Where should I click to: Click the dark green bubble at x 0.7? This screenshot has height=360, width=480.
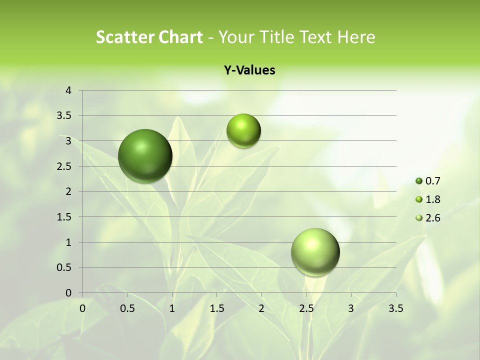tap(145, 156)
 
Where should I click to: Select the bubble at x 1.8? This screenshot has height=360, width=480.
tap(243, 131)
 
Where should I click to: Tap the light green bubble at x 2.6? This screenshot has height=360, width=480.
tap(315, 252)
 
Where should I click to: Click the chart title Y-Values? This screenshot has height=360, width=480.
tap(249, 70)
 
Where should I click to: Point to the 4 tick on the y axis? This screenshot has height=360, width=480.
tap(69, 90)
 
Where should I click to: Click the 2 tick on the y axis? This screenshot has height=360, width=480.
tap(69, 191)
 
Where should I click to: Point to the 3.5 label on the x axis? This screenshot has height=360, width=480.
tap(395, 308)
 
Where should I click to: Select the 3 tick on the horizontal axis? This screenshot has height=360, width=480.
tap(351, 308)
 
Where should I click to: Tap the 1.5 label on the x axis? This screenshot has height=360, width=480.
tap(216, 308)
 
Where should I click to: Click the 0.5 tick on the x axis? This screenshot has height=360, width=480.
tap(127, 308)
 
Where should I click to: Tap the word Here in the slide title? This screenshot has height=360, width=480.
tap(355, 37)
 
